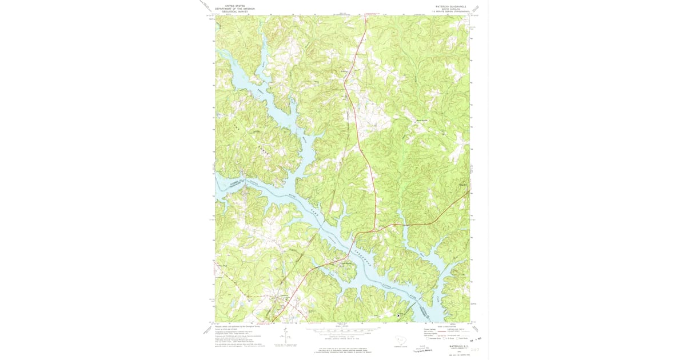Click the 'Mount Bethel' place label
click(x=421, y=120)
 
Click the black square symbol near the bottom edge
click(x=398, y=315)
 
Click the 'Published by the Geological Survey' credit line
click(x=235, y=326)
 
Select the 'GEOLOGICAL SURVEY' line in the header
click(x=234, y=11)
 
